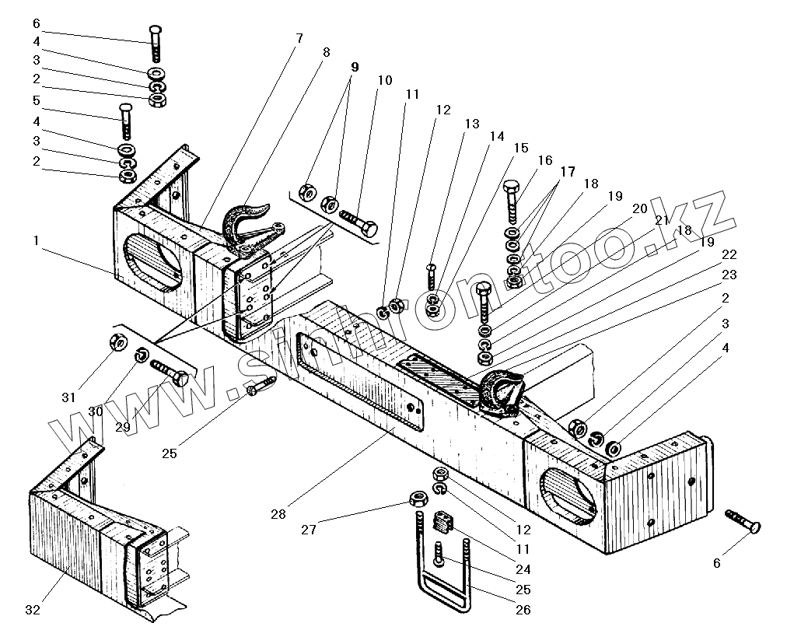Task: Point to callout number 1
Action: click(x=35, y=242)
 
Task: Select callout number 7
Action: click(x=299, y=38)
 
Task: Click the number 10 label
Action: click(x=385, y=80)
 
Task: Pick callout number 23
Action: click(x=729, y=275)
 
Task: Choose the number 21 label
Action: click(x=662, y=220)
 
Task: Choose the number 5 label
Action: click(x=36, y=100)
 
